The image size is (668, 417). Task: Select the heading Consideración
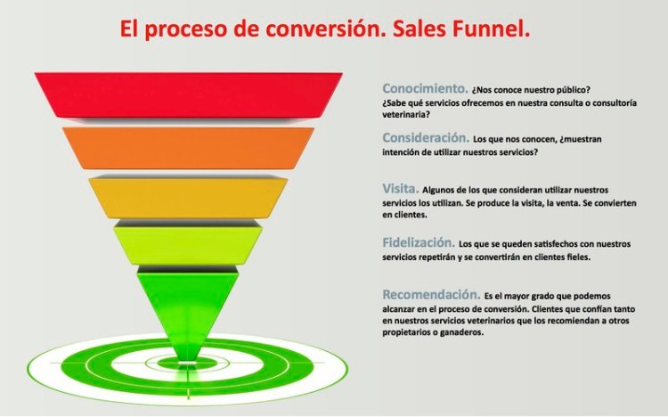[x=426, y=138]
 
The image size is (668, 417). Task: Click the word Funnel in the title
[x=494, y=30]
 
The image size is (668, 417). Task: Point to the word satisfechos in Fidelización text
[x=542, y=243]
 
